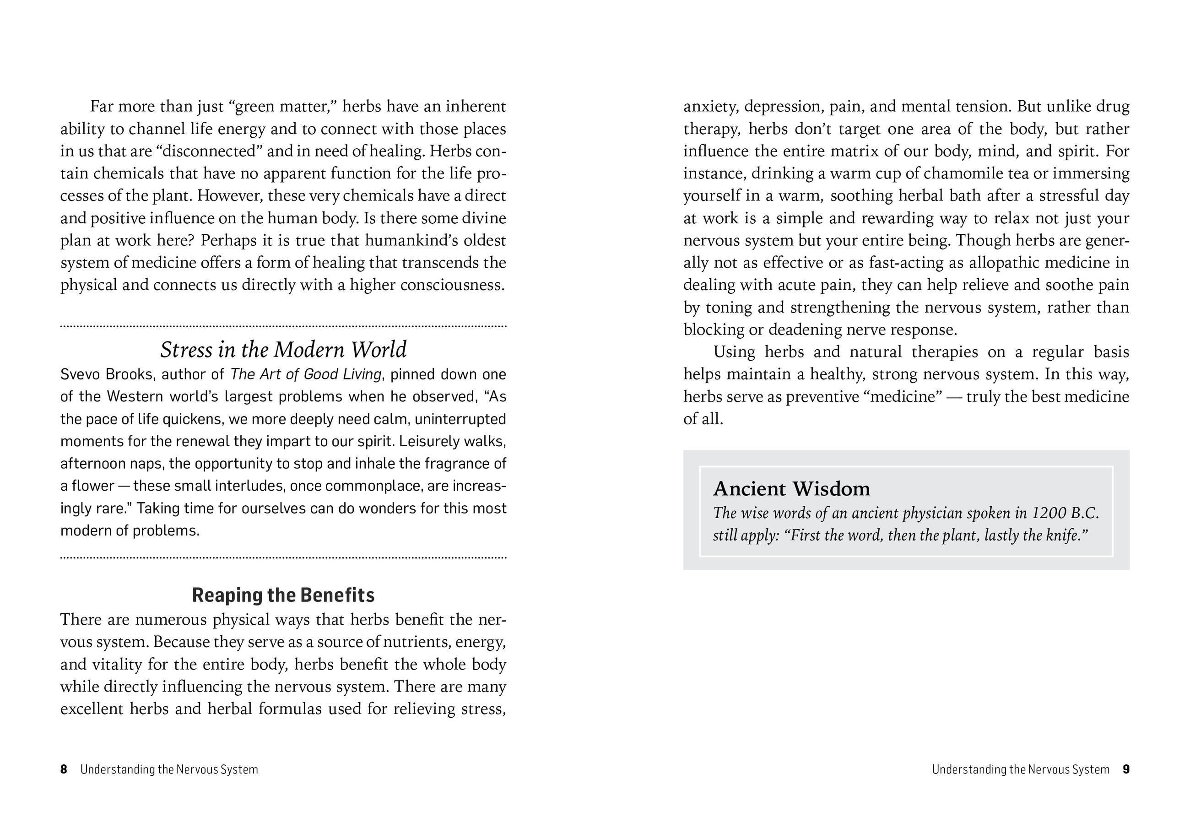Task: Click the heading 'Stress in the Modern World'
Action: pyautogui.click(x=283, y=350)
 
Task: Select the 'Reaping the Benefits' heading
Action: pyautogui.click(x=283, y=595)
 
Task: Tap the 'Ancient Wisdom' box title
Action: pyautogui.click(x=791, y=489)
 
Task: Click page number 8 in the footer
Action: pyautogui.click(x=64, y=769)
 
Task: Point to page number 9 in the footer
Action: pyautogui.click(x=1126, y=769)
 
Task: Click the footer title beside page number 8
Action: pyautogui.click(x=169, y=769)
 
